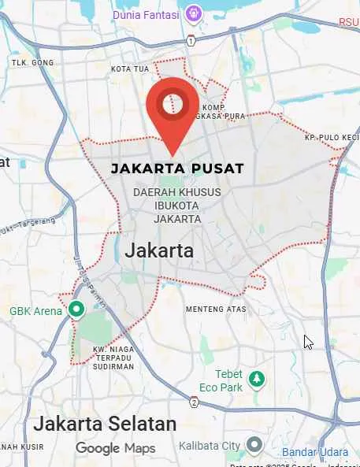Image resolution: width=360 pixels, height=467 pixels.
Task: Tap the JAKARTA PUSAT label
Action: tap(177, 169)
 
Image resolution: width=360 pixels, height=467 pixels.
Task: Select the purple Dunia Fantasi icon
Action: tap(194, 13)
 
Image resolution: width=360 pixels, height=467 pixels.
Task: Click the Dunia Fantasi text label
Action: tap(148, 13)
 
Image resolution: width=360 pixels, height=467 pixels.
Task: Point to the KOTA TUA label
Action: tap(130, 69)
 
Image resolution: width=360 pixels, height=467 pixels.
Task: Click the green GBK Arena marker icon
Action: tap(76, 310)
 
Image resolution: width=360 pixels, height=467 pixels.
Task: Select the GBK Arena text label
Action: tap(35, 311)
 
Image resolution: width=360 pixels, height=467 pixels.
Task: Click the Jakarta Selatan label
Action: tap(105, 424)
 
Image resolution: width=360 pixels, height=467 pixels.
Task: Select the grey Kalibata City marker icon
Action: tap(254, 446)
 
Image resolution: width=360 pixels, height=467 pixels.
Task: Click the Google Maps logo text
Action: tap(115, 448)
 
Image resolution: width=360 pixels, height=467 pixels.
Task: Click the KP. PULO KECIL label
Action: tap(332, 139)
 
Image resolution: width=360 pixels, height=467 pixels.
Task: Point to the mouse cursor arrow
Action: tap(309, 342)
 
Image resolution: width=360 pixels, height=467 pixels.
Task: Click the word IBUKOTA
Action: tap(176, 206)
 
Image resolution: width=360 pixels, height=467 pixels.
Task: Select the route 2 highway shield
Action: tap(194, 403)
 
